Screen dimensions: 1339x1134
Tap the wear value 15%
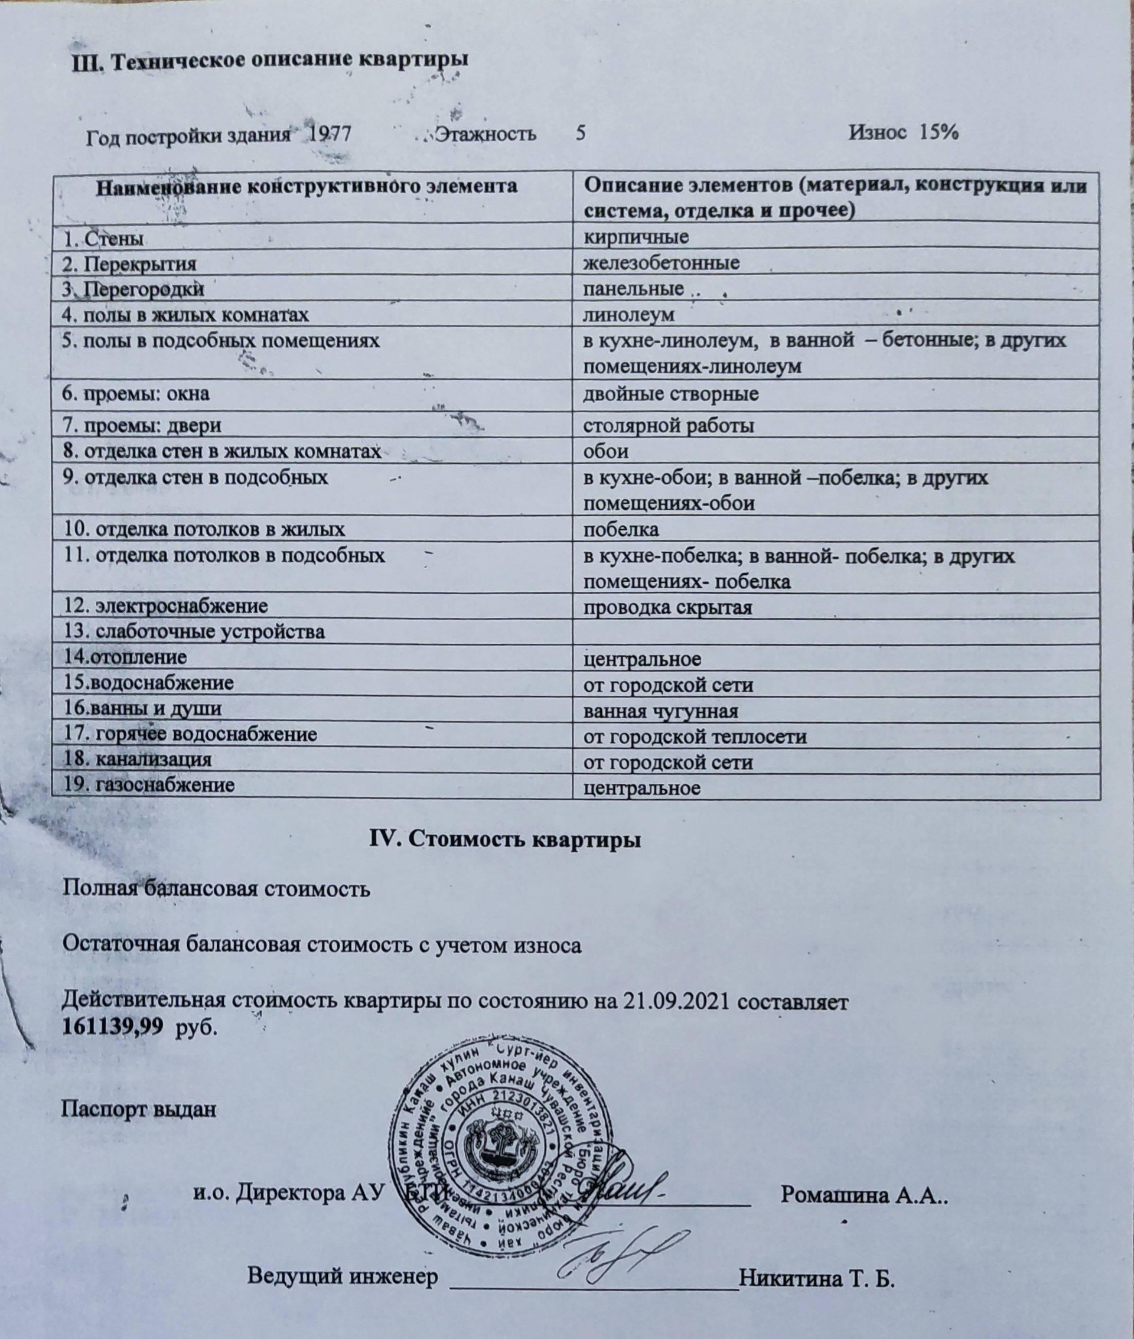(939, 132)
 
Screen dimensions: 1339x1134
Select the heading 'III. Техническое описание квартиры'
(270, 59)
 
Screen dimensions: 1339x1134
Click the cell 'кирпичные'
(635, 237)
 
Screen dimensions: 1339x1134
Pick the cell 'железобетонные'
(661, 262)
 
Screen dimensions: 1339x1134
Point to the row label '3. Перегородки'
(133, 289)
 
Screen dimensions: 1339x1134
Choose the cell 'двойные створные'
(670, 393)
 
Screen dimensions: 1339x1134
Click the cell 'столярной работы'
(668, 425)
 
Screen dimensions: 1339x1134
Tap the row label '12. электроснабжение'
(165, 605)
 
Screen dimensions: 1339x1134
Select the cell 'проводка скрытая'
(667, 607)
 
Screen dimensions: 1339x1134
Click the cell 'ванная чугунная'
(660, 711)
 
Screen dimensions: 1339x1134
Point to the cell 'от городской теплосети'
(695, 737)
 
